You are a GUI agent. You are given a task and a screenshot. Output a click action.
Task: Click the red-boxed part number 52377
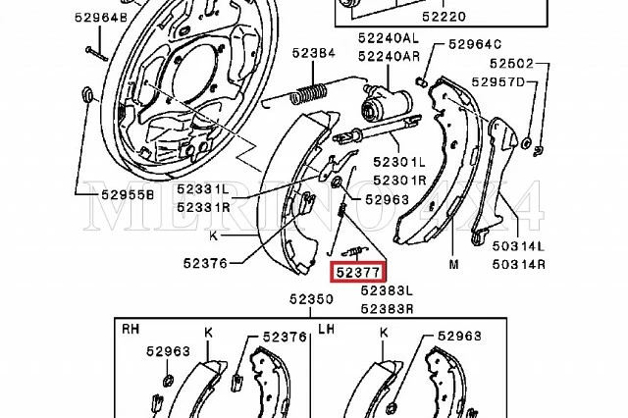point(358,273)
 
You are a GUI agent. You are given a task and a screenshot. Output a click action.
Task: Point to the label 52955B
point(128,194)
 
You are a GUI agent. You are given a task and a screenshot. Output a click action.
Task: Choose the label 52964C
point(475,44)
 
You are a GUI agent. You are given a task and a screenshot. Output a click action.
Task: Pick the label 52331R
point(203,207)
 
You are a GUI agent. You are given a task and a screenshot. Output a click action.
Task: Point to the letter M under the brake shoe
point(453,265)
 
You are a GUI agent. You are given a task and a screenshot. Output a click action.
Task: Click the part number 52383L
point(387,291)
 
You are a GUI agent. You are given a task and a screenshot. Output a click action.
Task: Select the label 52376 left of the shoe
point(204,262)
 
